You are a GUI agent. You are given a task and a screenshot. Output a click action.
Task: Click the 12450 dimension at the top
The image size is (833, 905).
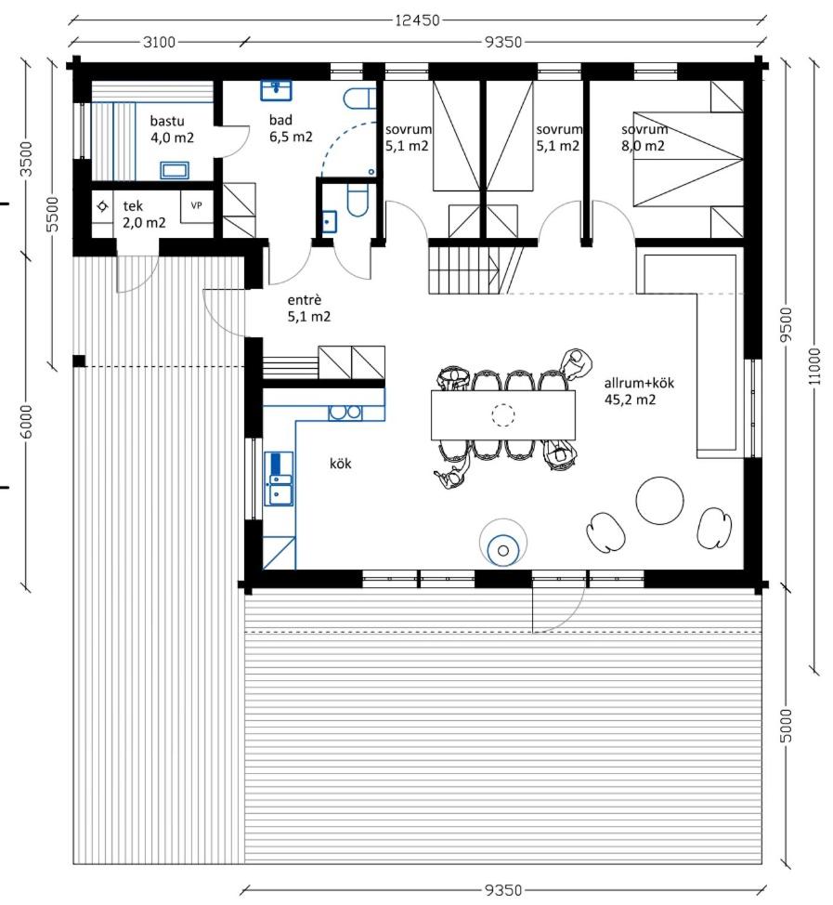point(417,20)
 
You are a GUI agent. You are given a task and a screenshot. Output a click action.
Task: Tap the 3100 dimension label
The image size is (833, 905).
point(159,42)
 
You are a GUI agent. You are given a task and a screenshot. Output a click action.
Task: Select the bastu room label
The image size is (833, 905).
point(172,129)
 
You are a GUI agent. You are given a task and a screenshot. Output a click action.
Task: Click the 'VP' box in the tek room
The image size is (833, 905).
point(196,205)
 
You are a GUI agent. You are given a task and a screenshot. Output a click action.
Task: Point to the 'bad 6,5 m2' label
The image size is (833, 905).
point(291,128)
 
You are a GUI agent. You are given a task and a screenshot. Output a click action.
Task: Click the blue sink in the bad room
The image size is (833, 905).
point(277,90)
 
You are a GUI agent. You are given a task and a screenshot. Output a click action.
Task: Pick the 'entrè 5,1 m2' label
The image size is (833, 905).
point(309,308)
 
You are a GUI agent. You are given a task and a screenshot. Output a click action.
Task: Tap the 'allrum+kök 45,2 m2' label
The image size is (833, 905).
point(639,391)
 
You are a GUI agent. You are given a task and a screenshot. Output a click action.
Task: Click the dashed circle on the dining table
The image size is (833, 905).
point(503,414)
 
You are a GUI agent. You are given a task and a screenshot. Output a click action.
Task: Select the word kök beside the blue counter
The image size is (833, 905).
point(341,464)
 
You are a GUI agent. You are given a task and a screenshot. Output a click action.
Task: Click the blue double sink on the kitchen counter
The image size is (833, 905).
point(279,479)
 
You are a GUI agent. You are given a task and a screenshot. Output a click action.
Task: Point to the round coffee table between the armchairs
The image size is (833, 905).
point(660,501)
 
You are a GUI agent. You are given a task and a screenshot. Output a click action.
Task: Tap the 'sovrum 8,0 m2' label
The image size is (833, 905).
point(644,138)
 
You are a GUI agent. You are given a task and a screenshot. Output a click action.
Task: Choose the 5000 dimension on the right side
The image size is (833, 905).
point(786,726)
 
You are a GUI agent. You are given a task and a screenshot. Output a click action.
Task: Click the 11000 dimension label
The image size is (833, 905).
point(814,366)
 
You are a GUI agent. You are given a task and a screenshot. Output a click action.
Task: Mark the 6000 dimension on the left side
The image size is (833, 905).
point(27,421)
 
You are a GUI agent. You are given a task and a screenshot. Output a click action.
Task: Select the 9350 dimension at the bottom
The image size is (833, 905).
point(503,890)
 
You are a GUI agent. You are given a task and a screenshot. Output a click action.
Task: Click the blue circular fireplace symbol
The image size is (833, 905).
point(503,550)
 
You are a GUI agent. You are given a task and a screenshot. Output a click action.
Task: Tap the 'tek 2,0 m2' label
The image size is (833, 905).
point(144,214)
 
